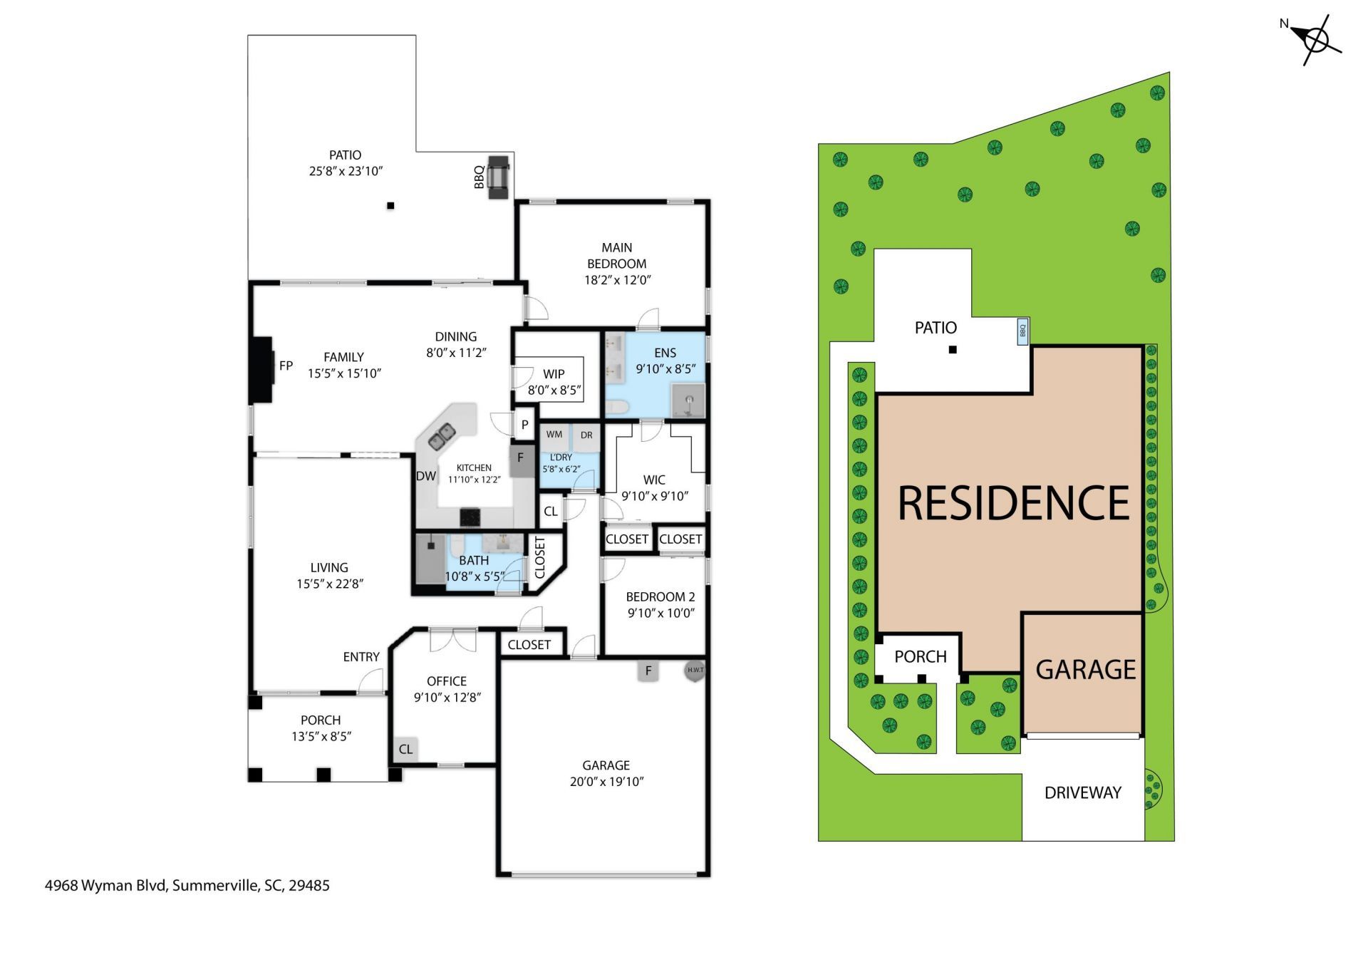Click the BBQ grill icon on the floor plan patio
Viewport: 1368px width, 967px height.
click(499, 177)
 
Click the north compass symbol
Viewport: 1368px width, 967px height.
click(1315, 40)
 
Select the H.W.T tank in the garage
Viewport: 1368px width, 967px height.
click(695, 670)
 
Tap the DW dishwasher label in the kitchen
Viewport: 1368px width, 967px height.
click(426, 476)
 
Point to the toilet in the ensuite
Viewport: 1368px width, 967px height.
click(616, 408)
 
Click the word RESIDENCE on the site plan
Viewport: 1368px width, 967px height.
click(1013, 503)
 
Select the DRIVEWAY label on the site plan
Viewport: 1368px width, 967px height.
click(1082, 792)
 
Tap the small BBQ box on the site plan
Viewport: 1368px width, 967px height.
click(1022, 331)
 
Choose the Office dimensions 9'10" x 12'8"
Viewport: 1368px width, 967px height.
click(447, 698)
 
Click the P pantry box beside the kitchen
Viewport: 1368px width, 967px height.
click(524, 425)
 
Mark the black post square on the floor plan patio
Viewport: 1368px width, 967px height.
click(390, 206)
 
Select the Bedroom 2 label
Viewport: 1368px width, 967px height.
click(660, 597)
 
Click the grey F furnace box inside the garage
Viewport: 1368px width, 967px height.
click(648, 671)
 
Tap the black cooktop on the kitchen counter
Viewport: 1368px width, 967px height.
click(470, 516)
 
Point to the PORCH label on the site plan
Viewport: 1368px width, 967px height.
click(921, 657)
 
